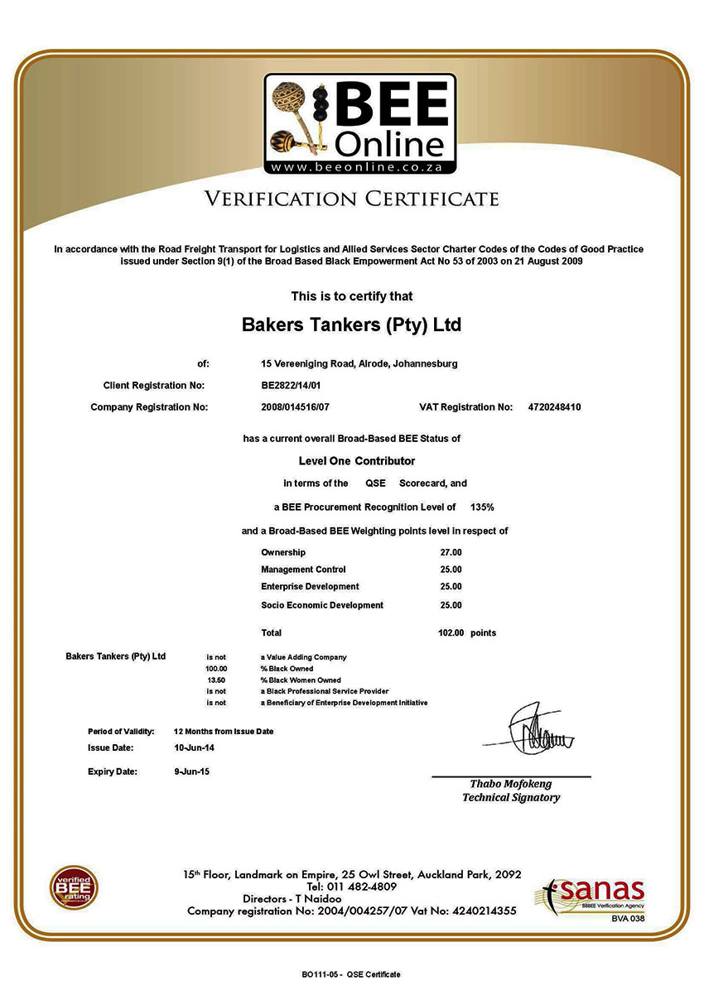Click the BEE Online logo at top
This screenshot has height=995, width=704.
pyautogui.click(x=360, y=124)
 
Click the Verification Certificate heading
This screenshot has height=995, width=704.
pyautogui.click(x=352, y=199)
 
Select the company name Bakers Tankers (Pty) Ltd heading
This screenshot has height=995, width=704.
pyautogui.click(x=351, y=324)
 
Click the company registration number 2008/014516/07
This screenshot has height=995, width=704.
pyautogui.click(x=296, y=407)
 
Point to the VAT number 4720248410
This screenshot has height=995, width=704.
pyautogui.click(x=554, y=407)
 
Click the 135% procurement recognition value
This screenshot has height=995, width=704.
pyautogui.click(x=482, y=506)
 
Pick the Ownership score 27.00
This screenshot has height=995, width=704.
pyautogui.click(x=451, y=552)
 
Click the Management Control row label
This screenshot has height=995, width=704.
pyautogui.click(x=303, y=570)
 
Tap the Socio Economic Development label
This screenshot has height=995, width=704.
pyautogui.click(x=322, y=605)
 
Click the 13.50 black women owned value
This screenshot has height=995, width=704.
pyautogui.click(x=216, y=680)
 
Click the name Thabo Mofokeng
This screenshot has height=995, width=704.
pyautogui.click(x=510, y=784)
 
